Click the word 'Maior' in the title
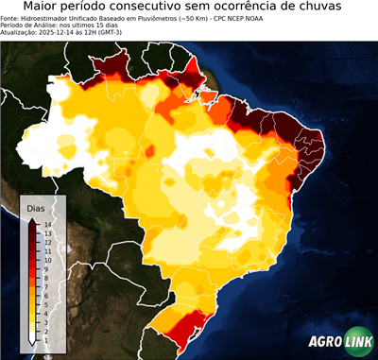[43, 8]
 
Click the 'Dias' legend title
[35, 207]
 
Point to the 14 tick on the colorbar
[46, 224]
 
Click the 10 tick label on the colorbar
[46, 259]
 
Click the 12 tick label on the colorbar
[46, 242]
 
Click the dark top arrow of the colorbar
[32, 221]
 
